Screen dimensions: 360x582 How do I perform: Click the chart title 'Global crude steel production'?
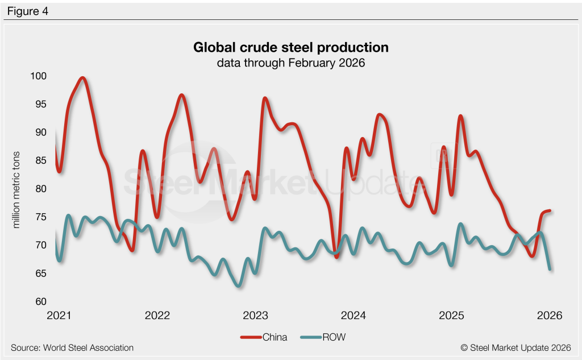(x=290, y=47)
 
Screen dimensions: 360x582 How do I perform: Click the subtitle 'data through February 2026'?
(x=290, y=63)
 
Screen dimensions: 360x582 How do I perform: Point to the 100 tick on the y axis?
(x=39, y=76)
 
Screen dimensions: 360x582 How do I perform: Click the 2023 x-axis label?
(x=256, y=315)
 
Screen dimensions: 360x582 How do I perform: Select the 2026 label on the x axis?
(x=550, y=315)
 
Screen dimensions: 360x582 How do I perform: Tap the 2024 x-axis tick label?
(x=354, y=315)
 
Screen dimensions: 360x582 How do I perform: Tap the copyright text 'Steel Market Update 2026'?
(x=516, y=347)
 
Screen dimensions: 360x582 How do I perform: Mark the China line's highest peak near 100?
(x=83, y=78)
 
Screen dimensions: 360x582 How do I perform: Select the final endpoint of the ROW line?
(x=550, y=269)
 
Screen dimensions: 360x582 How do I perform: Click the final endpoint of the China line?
(x=550, y=211)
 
